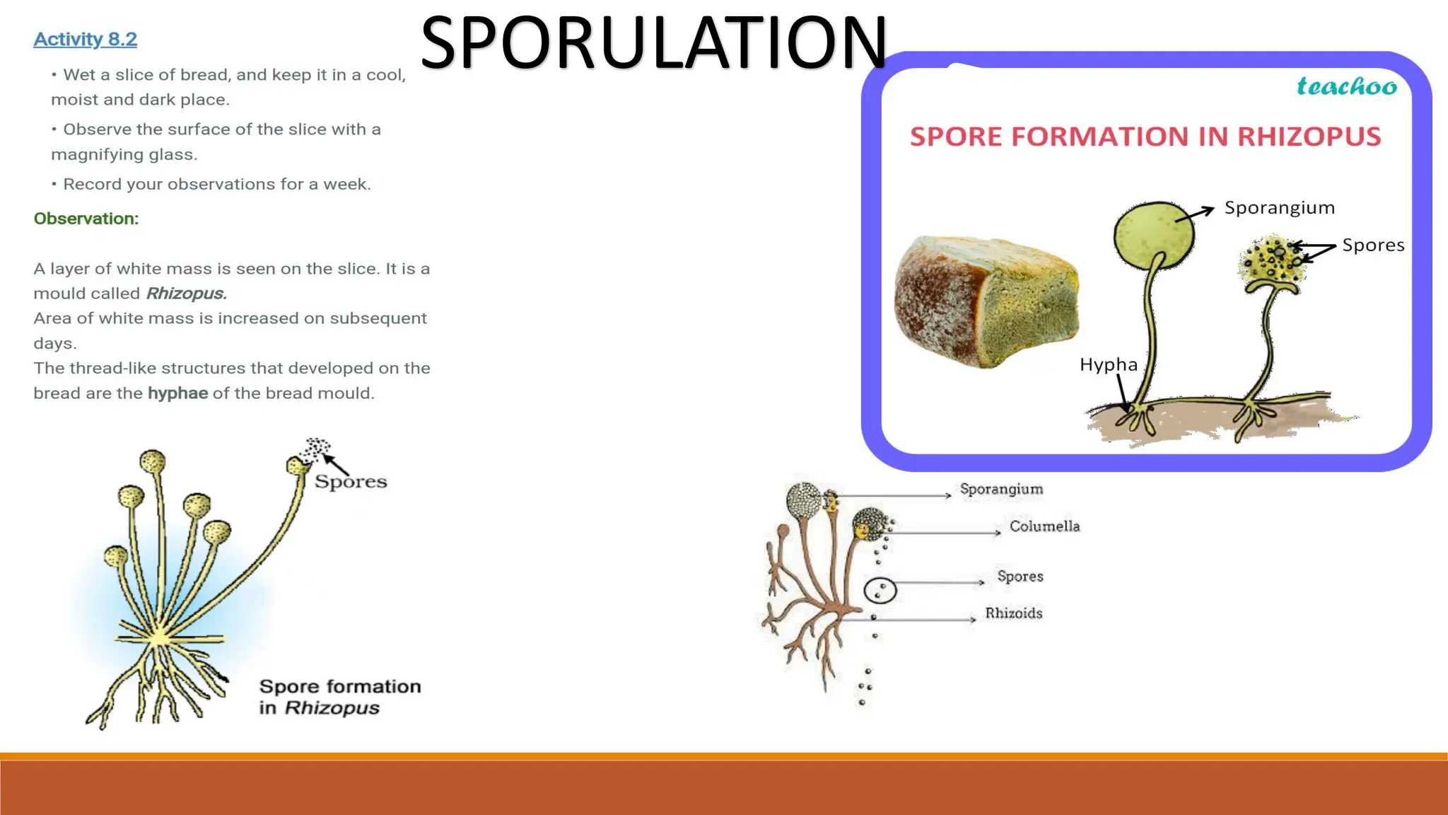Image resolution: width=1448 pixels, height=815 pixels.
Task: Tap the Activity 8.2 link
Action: pos(85,40)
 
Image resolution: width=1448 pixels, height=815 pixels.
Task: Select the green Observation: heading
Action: pos(86,219)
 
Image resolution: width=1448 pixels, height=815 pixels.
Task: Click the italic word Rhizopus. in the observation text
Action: pos(186,294)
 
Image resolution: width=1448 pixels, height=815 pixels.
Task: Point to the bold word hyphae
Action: pos(177,393)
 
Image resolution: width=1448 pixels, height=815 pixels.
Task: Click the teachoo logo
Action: pos(1346,87)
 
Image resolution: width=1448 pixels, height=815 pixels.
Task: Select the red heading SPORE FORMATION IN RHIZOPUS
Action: pos(1145,137)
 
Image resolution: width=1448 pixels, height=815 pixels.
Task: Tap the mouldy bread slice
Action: pos(986,301)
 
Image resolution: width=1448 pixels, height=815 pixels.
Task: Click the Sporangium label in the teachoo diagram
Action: pos(1279,208)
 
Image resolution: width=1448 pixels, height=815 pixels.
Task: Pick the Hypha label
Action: pos(1108,365)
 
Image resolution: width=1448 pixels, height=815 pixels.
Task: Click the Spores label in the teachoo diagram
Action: pos(1372,245)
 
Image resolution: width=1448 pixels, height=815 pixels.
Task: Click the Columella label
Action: pos(1044,526)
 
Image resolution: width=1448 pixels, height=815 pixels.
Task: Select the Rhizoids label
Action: pos(1013,613)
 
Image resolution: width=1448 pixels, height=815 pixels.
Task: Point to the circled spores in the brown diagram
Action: pos(880,590)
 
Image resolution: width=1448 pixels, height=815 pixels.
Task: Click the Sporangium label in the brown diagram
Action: pos(1000,490)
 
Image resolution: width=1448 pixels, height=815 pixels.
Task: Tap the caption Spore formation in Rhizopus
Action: pos(339,697)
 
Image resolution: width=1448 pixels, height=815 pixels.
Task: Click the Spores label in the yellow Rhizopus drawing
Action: pos(351,482)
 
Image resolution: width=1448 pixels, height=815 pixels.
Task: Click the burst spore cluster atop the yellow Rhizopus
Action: pos(315,449)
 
